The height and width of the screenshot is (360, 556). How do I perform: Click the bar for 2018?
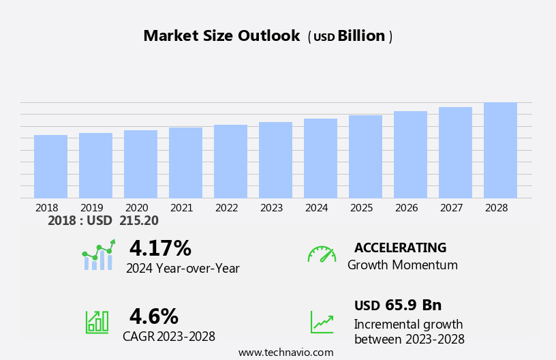pyautogui.click(x=50, y=166)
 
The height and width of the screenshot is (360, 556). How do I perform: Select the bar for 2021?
pyautogui.click(x=185, y=163)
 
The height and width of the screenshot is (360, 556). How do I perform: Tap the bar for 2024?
pyautogui.click(x=320, y=158)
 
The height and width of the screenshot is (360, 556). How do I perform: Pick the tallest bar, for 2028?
pyautogui.click(x=500, y=150)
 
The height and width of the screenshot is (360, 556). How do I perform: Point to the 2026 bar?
pyautogui.click(x=410, y=155)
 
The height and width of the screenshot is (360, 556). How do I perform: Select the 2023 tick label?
pyautogui.click(x=272, y=208)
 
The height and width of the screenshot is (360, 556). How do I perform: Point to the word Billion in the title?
pyautogui.click(x=361, y=36)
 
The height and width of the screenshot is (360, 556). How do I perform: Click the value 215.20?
pyautogui.click(x=139, y=221)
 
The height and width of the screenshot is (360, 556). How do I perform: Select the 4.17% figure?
pyautogui.click(x=160, y=248)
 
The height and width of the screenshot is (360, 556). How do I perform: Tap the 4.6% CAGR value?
pyautogui.click(x=154, y=316)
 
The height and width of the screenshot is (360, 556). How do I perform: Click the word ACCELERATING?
pyautogui.click(x=400, y=248)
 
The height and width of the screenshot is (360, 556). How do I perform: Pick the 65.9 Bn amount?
pyautogui.click(x=413, y=305)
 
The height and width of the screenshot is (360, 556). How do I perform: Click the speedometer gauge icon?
pyautogui.click(x=322, y=254)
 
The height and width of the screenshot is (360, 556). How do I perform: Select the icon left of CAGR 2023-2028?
pyautogui.click(x=97, y=321)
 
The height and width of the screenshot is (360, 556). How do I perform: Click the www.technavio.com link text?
pyautogui.click(x=285, y=352)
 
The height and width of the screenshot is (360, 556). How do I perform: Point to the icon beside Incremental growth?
pyautogui.click(x=322, y=322)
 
